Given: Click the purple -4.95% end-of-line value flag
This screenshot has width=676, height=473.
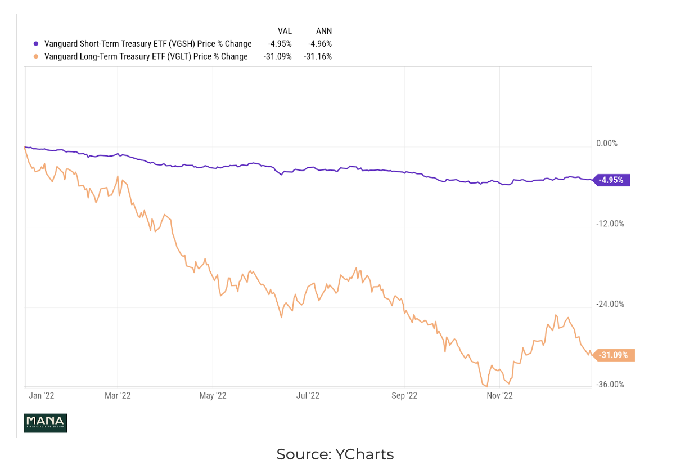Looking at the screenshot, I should coord(613,180).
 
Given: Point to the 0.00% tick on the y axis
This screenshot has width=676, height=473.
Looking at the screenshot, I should coord(606,144).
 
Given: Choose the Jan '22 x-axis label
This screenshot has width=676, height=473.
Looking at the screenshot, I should coord(41,396).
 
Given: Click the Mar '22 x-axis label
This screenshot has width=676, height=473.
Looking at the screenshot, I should coord(118,396).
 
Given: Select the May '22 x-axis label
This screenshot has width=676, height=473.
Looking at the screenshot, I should coord(213,396).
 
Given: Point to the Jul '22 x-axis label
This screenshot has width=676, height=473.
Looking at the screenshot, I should coord(308,396).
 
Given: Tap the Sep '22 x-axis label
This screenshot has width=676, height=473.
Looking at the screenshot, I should coord(404,396).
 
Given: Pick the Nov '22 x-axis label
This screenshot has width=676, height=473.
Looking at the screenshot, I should coord(499,396).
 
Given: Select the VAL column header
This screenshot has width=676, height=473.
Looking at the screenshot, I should coord(284,31).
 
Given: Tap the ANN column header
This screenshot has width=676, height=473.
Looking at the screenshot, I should coord(324,31).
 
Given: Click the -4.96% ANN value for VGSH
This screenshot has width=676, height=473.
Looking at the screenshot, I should coord(319,44).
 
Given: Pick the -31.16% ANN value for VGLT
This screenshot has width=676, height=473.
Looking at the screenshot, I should coord(318,56).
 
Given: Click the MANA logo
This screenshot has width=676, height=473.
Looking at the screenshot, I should coord(45,423).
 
